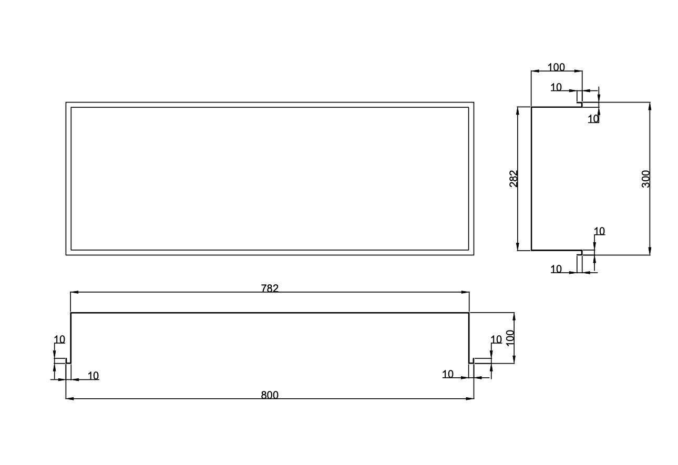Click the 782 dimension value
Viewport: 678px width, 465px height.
[270, 288]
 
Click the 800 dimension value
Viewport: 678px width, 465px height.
[270, 395]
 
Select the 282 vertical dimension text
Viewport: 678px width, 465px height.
[513, 179]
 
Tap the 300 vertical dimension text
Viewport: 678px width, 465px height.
[645, 179]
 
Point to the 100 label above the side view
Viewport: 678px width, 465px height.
[556, 67]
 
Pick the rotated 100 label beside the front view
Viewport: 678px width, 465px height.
[510, 338]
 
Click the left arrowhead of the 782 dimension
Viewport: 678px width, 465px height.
[75, 292]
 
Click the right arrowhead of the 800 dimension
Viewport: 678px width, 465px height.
[470, 399]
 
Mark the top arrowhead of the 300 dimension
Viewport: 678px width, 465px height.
[650, 107]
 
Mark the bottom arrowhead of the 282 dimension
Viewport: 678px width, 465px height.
[518, 246]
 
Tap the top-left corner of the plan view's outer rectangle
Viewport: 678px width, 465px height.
[66, 102]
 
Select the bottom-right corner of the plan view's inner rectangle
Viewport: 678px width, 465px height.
[468, 250]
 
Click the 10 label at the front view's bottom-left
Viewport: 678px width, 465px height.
[93, 376]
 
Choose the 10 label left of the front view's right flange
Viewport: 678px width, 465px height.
[448, 374]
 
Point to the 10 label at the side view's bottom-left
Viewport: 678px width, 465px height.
[556, 269]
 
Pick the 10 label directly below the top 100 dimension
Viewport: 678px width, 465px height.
[556, 87]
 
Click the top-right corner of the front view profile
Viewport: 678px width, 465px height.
[469, 313]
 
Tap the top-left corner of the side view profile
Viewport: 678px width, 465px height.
[531, 107]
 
